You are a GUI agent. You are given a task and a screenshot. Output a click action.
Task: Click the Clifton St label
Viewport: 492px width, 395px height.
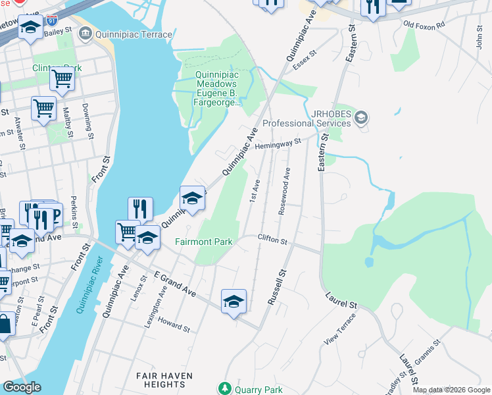[273, 240]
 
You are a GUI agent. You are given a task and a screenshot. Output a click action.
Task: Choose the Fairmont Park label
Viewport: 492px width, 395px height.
[204, 242]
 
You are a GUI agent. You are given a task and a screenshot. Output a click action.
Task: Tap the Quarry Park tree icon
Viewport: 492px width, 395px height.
[226, 389]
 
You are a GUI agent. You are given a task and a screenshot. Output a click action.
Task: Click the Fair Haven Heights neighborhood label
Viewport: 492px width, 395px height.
[164, 380]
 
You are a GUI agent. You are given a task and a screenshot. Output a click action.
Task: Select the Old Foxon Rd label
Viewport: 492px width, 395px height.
[424, 24]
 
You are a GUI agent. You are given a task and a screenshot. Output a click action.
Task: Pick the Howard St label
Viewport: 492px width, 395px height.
[174, 325]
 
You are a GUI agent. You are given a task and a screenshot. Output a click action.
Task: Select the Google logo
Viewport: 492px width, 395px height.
[22, 387]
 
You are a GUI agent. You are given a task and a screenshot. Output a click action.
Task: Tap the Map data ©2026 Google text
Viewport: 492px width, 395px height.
[451, 390]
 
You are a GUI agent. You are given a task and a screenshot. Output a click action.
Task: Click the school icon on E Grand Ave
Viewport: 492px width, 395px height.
[234, 302]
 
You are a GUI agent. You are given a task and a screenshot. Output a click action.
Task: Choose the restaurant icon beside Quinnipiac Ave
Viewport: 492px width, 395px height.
[140, 209]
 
